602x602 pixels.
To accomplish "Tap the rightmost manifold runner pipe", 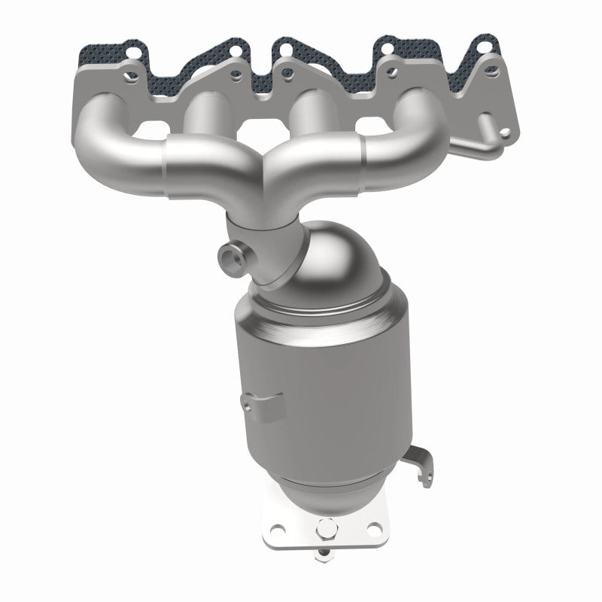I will pos(406,120).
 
